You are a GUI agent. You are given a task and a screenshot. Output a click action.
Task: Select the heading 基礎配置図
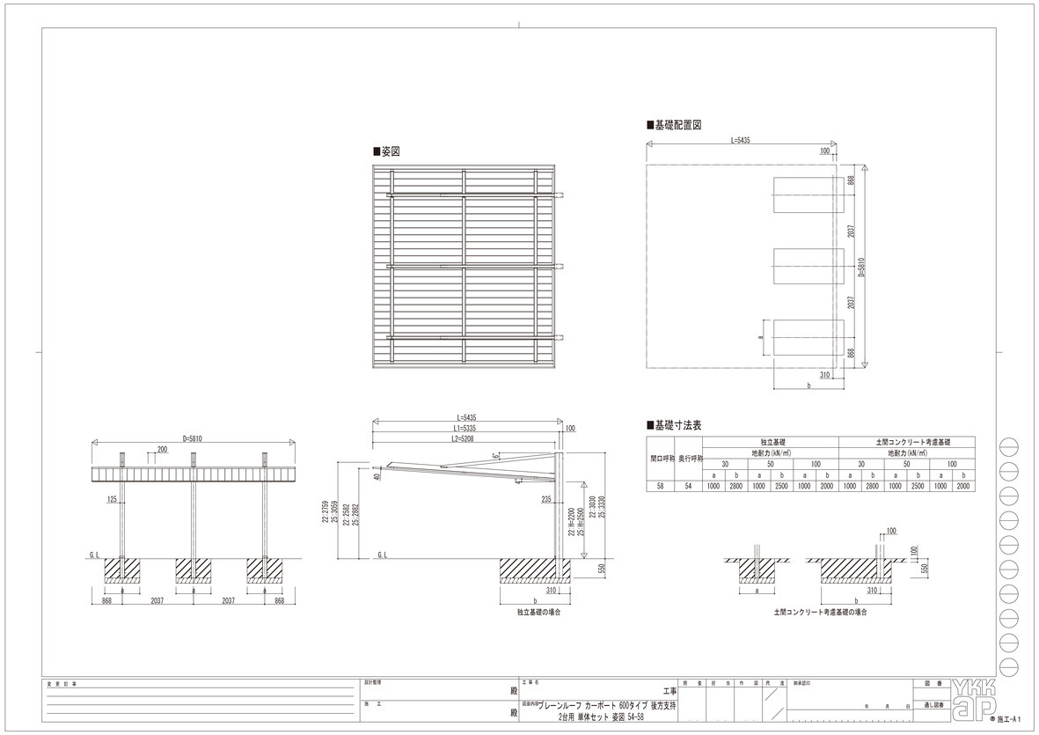pos(677,126)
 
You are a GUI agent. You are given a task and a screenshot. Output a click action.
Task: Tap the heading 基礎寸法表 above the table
pos(677,424)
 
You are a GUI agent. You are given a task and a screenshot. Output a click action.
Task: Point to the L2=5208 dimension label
pos(465,437)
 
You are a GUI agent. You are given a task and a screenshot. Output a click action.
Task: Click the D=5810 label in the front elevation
pos(194,437)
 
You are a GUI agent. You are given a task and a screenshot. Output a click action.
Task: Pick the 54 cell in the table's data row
pos(689,485)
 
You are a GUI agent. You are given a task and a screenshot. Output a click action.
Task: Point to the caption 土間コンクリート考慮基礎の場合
pos(820,610)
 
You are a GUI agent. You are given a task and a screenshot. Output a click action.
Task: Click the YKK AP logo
pos(974,697)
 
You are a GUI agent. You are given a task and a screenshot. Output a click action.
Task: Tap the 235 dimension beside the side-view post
pos(546,498)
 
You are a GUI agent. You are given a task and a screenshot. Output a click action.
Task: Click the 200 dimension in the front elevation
pos(162,449)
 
